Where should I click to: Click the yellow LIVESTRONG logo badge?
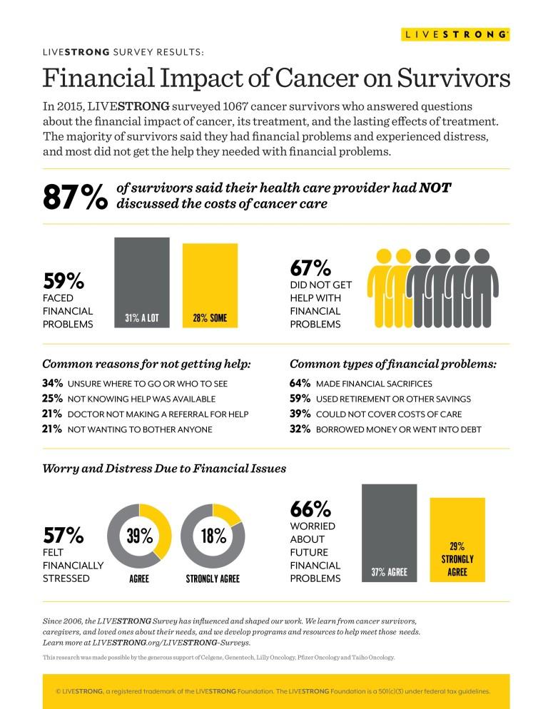pyautogui.click(x=455, y=34)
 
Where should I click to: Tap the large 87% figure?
pyautogui.click(x=76, y=197)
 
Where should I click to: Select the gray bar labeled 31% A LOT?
pyautogui.click(x=142, y=282)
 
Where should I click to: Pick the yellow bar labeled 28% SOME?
pyautogui.click(x=210, y=286)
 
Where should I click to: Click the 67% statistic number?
pyautogui.click(x=310, y=267)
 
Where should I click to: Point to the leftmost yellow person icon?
pyautogui.click(x=380, y=288)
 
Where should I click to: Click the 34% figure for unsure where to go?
pyautogui.click(x=53, y=383)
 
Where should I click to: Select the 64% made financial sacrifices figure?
pyautogui.click(x=300, y=383)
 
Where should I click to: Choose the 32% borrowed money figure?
pyautogui.click(x=300, y=429)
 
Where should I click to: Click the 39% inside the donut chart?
pyautogui.click(x=139, y=536)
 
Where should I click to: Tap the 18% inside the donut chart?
pyautogui.click(x=213, y=536)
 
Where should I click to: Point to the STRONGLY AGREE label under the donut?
pyautogui.click(x=213, y=578)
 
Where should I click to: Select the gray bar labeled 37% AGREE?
pyautogui.click(x=389, y=533)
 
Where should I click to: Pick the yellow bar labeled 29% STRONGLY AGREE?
pyautogui.click(x=457, y=540)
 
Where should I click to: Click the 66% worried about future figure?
pyautogui.click(x=310, y=509)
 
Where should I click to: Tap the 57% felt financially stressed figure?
pyautogui.click(x=64, y=536)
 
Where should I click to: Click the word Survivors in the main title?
pyautogui.click(x=454, y=78)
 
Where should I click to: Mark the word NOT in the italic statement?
pyautogui.click(x=435, y=188)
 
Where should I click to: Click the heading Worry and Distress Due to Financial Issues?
pyautogui.click(x=164, y=469)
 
